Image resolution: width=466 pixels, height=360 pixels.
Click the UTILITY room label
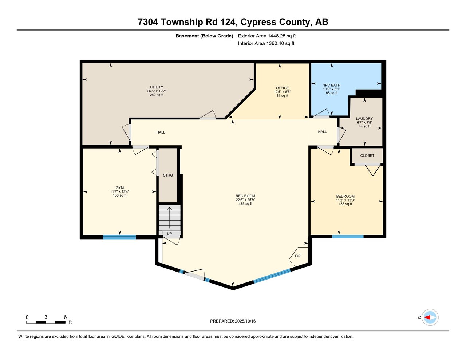(x=157, y=87)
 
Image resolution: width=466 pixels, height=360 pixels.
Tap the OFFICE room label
(x=282, y=88)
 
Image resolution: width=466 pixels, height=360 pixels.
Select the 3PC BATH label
(x=331, y=85)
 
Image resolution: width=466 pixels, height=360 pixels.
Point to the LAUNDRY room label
(x=364, y=119)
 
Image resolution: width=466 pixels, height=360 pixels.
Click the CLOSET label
(x=367, y=155)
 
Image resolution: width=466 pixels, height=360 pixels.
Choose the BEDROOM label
(x=345, y=197)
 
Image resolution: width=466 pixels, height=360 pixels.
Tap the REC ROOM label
(x=245, y=196)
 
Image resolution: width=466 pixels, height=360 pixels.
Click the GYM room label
(x=120, y=188)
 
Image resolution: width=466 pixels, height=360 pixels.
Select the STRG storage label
(x=168, y=175)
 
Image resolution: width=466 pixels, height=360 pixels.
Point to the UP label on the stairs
(x=169, y=234)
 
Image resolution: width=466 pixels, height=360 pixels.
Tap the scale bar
(x=46, y=322)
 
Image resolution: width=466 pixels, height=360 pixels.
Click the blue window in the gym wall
(x=119, y=237)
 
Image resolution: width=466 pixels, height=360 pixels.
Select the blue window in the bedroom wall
(x=348, y=237)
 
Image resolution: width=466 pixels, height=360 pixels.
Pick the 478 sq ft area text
(x=245, y=204)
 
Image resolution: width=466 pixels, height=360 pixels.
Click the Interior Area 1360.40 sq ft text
(x=266, y=43)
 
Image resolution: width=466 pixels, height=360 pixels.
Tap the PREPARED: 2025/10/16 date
(x=233, y=321)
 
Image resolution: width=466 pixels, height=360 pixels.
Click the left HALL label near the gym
(x=161, y=132)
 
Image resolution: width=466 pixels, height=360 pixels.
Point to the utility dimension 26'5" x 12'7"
(x=157, y=91)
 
